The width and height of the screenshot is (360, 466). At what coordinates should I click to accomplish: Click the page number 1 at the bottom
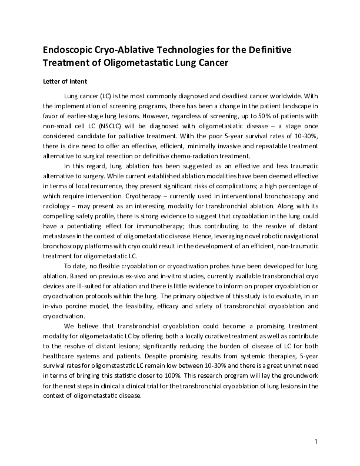316,441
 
